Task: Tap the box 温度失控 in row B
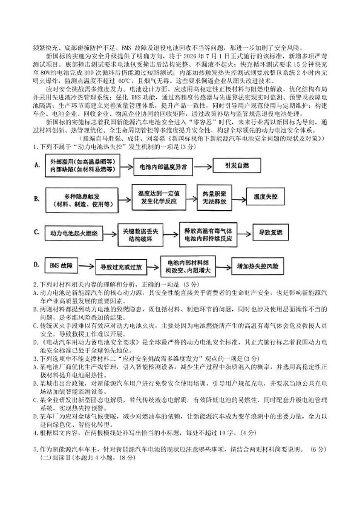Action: click(265, 197)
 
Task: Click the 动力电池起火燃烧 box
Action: click(73, 234)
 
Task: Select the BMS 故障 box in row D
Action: click(61, 265)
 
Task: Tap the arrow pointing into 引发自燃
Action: click(203, 166)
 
